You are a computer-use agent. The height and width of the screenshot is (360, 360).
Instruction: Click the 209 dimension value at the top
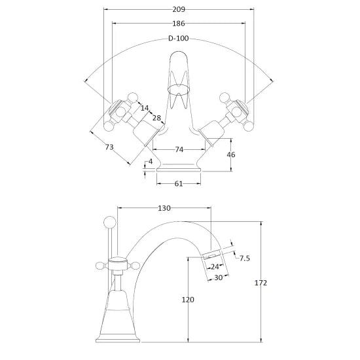click(x=179, y=10)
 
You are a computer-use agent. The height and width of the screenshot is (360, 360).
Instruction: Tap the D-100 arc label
click(x=178, y=39)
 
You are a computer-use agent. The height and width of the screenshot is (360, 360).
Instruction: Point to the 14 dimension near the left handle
click(x=144, y=107)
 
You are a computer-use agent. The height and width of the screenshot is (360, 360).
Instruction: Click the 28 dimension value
click(x=157, y=118)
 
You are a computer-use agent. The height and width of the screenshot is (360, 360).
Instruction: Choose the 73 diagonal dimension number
click(x=109, y=148)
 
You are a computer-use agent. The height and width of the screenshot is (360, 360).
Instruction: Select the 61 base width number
click(x=177, y=184)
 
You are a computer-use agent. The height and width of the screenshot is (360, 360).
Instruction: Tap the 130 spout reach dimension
click(x=164, y=208)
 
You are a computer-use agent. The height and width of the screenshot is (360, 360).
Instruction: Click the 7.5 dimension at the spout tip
click(x=245, y=259)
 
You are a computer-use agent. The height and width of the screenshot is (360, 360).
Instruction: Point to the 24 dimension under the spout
click(x=213, y=267)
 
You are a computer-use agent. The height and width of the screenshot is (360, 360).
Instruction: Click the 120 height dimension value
click(x=188, y=300)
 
